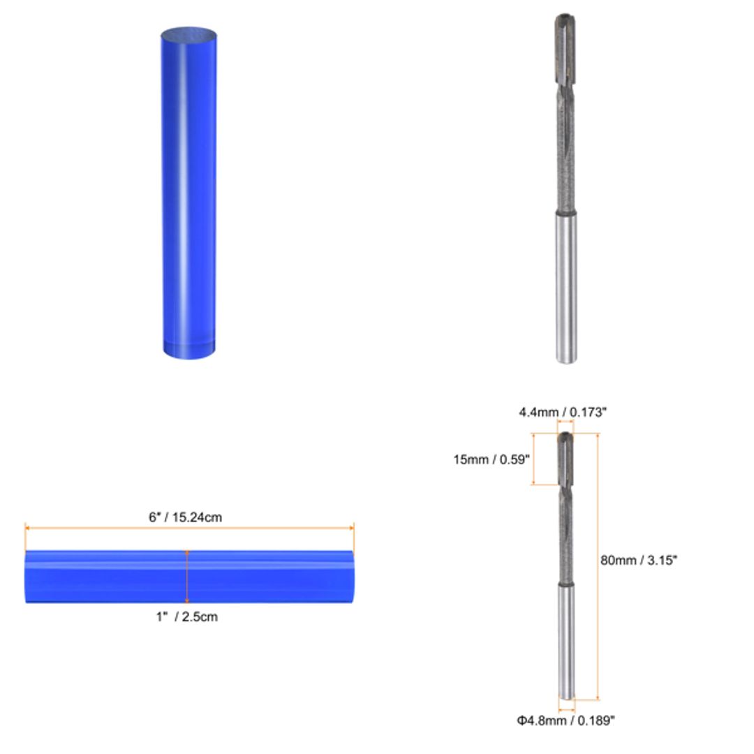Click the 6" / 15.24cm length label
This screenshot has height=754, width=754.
[x=185, y=517]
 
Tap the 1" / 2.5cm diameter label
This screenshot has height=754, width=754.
[x=186, y=616]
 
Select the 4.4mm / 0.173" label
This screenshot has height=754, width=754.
[x=562, y=412]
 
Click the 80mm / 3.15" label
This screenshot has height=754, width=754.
[x=639, y=559]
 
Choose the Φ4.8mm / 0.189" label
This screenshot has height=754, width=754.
[x=565, y=720]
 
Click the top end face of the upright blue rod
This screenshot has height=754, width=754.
[x=188, y=36]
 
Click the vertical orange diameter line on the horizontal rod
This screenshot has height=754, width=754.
[x=186, y=577]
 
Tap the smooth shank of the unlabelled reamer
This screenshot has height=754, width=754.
[x=566, y=286]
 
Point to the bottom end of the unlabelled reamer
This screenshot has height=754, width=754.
[x=566, y=360]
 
